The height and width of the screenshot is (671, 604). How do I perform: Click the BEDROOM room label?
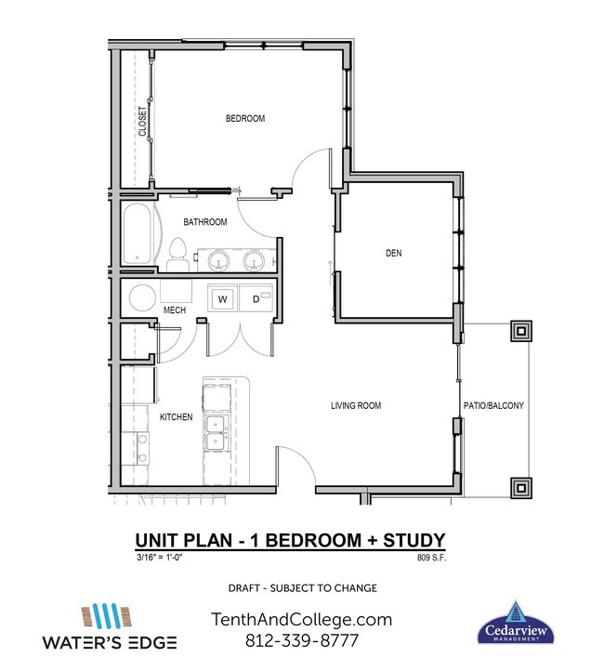[245, 119]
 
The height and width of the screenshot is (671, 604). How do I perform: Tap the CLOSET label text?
[143, 122]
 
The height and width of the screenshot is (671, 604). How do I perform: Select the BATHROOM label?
[204, 222]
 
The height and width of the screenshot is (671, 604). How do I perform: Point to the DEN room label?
[393, 253]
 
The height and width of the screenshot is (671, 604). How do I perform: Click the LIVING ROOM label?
[356, 406]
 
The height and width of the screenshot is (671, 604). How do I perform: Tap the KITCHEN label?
[176, 417]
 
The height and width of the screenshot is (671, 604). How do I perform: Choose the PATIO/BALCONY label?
[493, 406]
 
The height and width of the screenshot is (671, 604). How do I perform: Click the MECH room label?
[175, 310]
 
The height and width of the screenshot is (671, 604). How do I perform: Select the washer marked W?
[223, 299]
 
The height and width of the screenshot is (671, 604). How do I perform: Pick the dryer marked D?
[255, 299]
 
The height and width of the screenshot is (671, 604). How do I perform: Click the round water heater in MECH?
[142, 299]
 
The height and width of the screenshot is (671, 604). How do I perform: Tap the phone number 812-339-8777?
[302, 641]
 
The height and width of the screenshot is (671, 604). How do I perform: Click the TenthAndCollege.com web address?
[302, 620]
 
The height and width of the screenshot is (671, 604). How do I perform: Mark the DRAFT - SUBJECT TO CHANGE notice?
[302, 588]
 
